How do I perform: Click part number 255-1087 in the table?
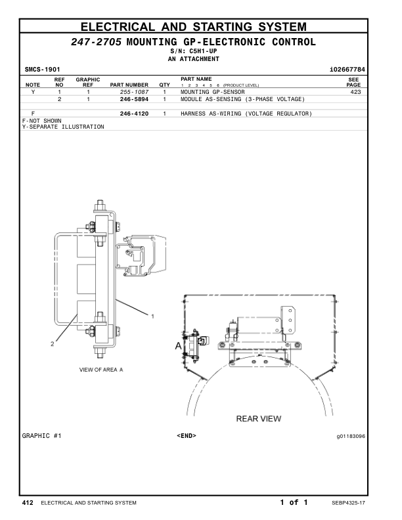[x=135, y=93]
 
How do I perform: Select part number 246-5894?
[x=135, y=99]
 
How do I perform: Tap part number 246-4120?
[x=135, y=114]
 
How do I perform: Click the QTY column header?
[x=164, y=85]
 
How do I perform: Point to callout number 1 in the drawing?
[x=152, y=316]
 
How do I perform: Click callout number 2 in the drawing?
[x=52, y=343]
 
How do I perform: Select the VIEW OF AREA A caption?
[x=101, y=370]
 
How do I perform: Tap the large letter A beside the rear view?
[x=177, y=345]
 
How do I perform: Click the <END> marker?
[x=187, y=435]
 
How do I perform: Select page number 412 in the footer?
[x=28, y=503]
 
